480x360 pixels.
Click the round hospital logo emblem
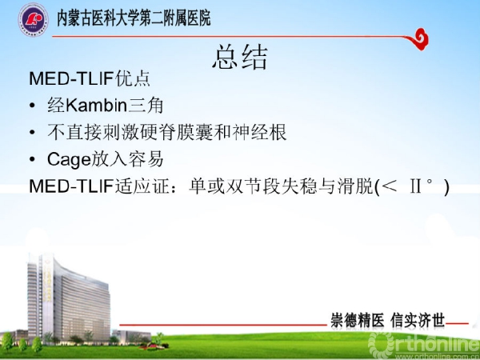(33, 19)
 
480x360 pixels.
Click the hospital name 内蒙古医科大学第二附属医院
(134, 18)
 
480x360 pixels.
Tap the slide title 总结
(240, 57)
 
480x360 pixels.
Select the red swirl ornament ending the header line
(418, 39)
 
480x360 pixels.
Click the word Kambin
(97, 106)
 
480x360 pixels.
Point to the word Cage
(69, 160)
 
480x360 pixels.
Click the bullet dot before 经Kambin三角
(32, 106)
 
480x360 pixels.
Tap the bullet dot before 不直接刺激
(32, 133)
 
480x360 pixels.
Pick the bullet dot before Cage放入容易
(32, 159)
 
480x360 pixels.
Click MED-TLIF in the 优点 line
(72, 78)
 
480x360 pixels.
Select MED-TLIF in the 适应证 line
(72, 186)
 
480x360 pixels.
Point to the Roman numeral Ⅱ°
(422, 186)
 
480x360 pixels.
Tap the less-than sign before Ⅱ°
(390, 186)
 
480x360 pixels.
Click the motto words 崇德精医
(358, 321)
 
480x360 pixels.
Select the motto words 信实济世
(418, 321)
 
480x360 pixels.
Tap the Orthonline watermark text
(424, 344)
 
